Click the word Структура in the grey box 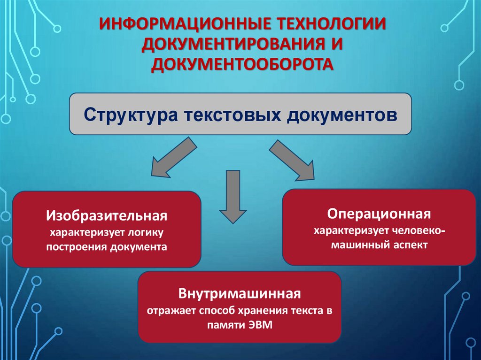coord(130,115)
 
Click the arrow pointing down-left coord(172,157)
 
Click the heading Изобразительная coord(107,216)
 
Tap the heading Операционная coord(379,214)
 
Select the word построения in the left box coord(77,246)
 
